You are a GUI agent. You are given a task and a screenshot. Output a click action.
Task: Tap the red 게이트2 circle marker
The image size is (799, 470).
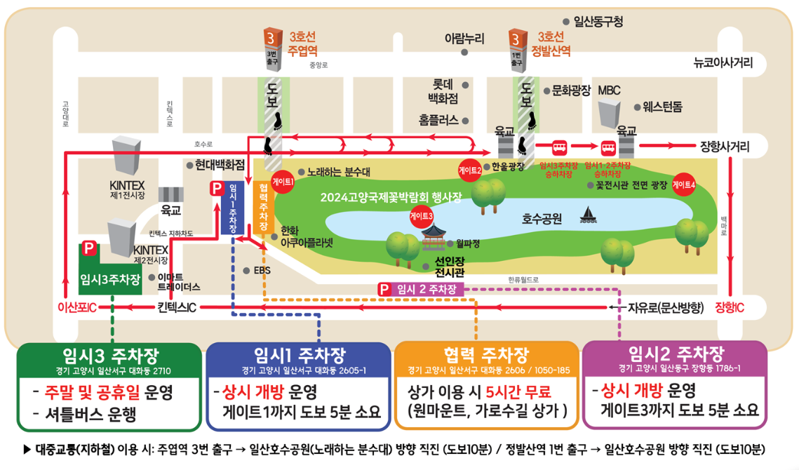tap(470, 169)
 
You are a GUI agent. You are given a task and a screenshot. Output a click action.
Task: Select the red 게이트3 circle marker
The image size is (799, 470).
tap(422, 216)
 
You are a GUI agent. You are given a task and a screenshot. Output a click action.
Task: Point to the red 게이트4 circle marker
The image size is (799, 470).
tap(683, 184)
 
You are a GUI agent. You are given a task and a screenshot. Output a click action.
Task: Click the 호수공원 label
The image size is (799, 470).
tap(542, 219)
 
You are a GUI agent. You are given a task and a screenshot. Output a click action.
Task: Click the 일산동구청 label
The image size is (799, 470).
tap(598, 22)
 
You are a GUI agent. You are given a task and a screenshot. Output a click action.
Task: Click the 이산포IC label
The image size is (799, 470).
tap(76, 308)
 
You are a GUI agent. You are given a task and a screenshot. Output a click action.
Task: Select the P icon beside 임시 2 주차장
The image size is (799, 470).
tap(384, 289)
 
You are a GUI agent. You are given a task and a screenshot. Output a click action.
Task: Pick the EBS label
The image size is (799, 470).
tap(260, 270)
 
